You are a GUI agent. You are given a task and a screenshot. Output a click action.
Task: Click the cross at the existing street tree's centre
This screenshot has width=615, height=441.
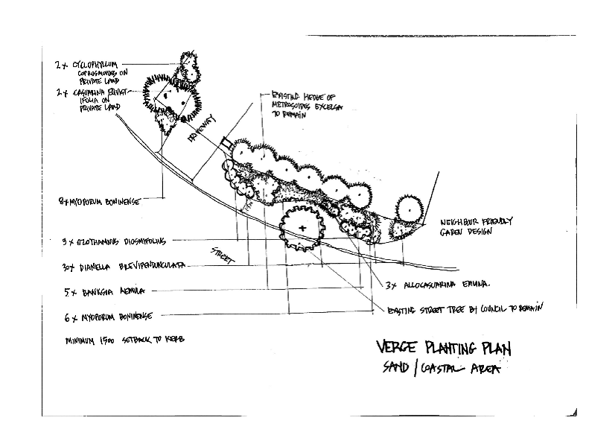click(x=302, y=226)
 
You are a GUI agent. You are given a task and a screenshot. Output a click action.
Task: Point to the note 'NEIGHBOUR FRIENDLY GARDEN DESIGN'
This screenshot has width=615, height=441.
click(x=477, y=226)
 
